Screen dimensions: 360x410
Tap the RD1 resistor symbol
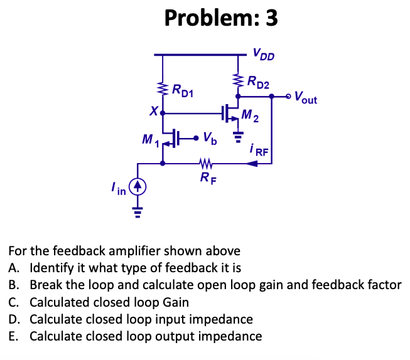(163, 90)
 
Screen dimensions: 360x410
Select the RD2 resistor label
(258, 81)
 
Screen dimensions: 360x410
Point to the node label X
(153, 112)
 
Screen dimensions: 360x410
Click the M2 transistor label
(250, 116)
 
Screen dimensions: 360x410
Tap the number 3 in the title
(271, 18)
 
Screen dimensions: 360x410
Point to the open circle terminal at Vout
(288, 97)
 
